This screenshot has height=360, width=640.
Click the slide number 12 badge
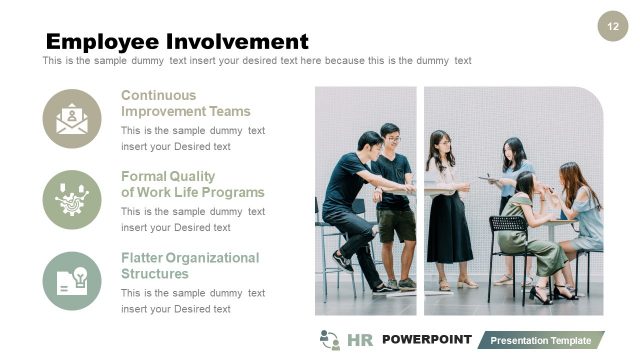[612, 27]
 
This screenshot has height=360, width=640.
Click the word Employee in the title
[102, 41]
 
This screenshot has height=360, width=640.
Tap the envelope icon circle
[72, 119]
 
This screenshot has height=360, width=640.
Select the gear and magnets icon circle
[72, 199]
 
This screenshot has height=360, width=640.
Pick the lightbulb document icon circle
[72, 280]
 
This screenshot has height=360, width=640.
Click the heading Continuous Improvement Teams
[186, 103]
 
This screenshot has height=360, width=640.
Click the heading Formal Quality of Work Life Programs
[192, 184]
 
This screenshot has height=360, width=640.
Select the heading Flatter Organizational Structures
[189, 265]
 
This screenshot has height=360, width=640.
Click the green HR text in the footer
[360, 340]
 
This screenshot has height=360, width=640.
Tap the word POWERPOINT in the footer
[426, 340]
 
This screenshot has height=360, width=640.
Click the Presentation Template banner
[540, 341]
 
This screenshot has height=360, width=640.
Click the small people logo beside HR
[329, 340]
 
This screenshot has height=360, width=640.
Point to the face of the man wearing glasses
[391, 135]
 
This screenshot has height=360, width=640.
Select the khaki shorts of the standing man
[397, 223]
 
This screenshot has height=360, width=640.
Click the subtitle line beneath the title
[257, 61]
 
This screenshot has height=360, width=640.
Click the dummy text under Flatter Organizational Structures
[193, 301]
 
